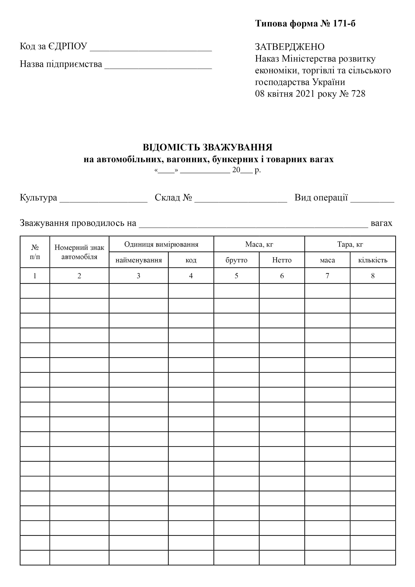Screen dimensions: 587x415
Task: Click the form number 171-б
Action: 344,24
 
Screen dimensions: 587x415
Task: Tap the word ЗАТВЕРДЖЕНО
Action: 290,47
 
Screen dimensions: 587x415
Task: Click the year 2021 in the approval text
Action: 305,94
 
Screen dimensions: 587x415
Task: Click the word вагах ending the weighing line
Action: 381,223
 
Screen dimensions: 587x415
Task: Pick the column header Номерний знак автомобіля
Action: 79,252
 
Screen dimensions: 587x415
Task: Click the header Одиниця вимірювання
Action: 161,244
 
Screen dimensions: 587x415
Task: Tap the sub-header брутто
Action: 236,260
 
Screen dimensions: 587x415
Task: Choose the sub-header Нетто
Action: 282,260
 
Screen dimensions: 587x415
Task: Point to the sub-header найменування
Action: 139,260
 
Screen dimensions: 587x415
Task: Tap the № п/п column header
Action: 35,252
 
